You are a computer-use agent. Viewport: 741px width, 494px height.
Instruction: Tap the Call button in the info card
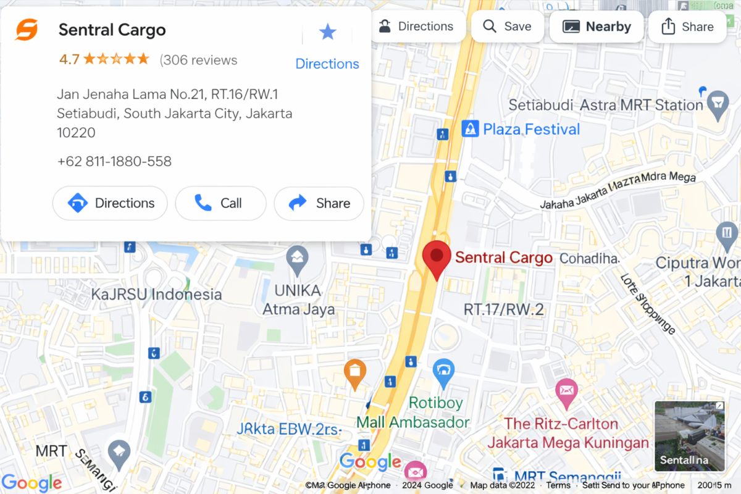[x=220, y=203]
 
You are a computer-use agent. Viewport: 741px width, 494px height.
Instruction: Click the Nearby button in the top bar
[x=597, y=27]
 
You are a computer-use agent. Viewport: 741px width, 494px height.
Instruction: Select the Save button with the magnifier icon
[x=507, y=27]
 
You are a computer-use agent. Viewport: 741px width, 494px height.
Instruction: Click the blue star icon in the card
[x=327, y=32]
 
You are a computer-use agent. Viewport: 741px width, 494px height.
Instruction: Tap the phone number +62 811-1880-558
[x=114, y=161]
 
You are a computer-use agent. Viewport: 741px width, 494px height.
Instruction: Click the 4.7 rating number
[x=69, y=60]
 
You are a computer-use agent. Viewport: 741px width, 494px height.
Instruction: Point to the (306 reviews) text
[x=198, y=60]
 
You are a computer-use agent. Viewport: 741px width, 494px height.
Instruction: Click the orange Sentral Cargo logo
[x=27, y=30]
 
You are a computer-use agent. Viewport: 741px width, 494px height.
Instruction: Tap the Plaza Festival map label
[x=531, y=129]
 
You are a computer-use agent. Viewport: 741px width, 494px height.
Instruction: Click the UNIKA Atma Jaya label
[x=299, y=299]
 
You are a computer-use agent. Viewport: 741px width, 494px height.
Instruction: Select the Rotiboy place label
[x=435, y=403]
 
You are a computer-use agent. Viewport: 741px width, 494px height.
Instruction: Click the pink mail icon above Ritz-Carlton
[x=566, y=390]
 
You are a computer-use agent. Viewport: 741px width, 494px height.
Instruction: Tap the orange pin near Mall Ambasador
[x=355, y=372]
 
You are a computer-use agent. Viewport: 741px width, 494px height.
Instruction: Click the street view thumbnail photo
[x=690, y=435]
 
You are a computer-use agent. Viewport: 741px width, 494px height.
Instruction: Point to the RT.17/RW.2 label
[x=504, y=309]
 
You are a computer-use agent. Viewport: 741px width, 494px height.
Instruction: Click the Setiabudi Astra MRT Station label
[x=606, y=105]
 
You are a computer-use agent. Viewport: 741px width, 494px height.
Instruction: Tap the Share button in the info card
[x=319, y=203]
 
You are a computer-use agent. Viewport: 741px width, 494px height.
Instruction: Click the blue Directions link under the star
[x=327, y=64]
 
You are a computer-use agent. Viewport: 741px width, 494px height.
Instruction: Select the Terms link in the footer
[x=558, y=485]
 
